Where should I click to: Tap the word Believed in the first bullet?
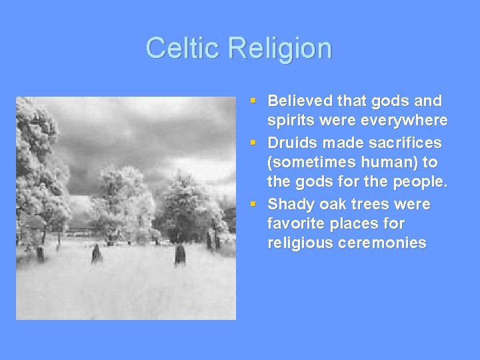[x=299, y=101]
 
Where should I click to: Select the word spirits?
[x=290, y=121]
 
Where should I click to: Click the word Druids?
[x=293, y=143]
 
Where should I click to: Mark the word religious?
[x=296, y=243]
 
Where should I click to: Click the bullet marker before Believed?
[x=253, y=101]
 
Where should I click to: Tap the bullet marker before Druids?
[x=253, y=143]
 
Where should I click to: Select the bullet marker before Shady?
[x=253, y=204]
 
